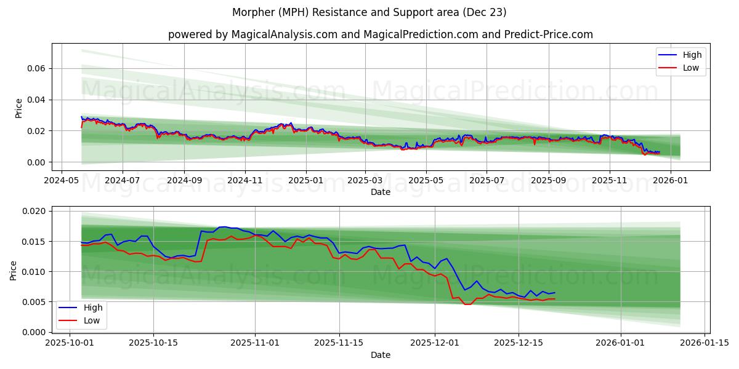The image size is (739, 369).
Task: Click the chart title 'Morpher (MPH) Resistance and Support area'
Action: pos(369,12)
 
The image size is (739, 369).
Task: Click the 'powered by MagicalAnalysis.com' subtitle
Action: pos(380,34)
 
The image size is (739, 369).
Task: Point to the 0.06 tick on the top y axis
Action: pos(36,68)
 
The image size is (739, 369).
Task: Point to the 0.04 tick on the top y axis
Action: pos(36,100)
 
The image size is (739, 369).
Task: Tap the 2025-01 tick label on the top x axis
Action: pos(306,181)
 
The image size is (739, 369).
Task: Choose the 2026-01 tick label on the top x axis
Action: pos(670,181)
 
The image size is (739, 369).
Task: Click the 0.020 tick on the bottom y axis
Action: pos(34,211)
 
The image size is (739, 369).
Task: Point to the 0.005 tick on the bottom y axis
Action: pos(34,302)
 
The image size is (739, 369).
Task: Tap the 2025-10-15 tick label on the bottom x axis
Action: pos(154,343)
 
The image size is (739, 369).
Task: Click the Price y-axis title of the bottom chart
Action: pos(14,270)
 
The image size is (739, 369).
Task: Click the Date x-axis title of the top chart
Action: pos(380,192)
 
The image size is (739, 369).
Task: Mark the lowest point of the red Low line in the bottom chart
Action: pos(466,304)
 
